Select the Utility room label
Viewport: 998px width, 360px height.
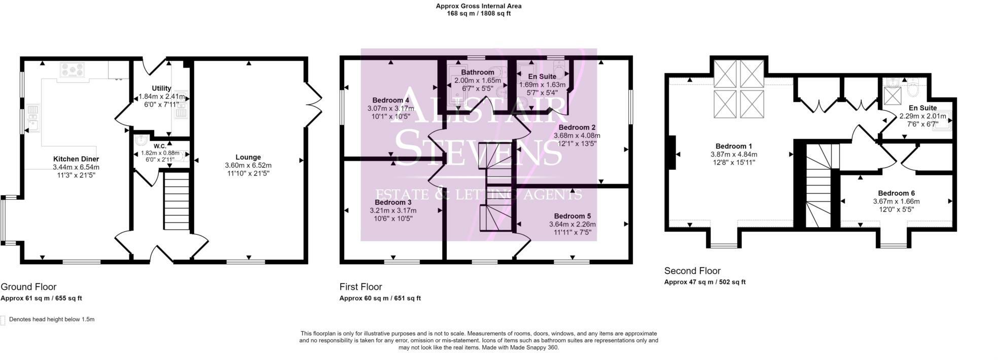[x=161, y=88]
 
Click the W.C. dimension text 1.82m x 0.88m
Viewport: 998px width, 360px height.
[x=160, y=153]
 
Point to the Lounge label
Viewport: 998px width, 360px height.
[x=248, y=157]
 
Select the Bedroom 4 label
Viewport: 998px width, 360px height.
[x=390, y=100]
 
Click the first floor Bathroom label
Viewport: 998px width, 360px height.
[x=477, y=73]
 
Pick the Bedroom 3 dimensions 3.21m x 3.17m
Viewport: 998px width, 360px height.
[x=393, y=211]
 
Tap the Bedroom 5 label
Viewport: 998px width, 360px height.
[x=572, y=216]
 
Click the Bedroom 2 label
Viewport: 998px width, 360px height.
[x=577, y=127]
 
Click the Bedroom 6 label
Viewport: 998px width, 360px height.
[x=896, y=193]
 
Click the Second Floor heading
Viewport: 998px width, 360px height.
[x=692, y=271]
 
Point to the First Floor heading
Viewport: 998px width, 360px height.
[x=361, y=286]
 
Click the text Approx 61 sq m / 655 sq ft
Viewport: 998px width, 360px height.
[x=41, y=298]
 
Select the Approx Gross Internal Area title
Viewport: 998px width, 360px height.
[x=478, y=6]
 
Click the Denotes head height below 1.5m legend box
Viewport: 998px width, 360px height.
[x=4, y=320]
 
